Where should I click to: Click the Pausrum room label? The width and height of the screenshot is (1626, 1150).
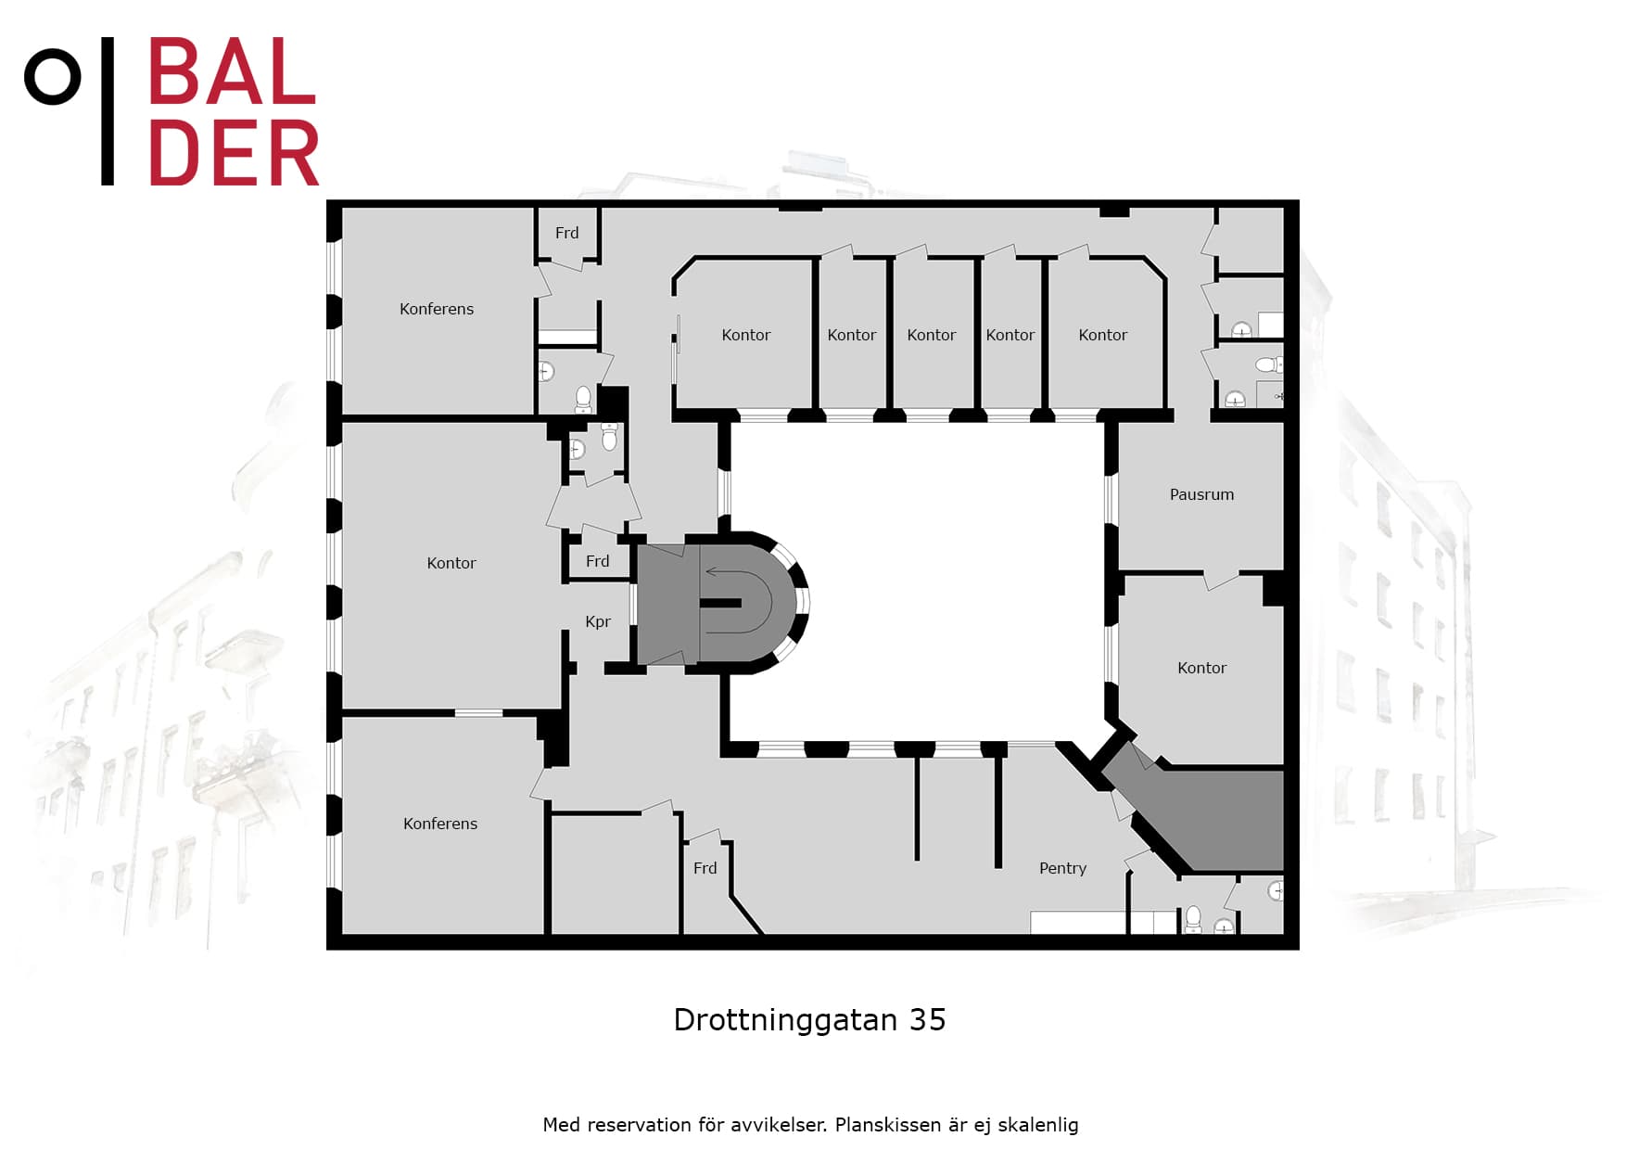click(x=1201, y=494)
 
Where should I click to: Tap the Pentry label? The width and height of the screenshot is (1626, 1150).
click(x=1062, y=868)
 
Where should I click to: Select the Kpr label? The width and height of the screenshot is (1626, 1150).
click(x=598, y=621)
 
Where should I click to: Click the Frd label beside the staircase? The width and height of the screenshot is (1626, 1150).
click(x=598, y=561)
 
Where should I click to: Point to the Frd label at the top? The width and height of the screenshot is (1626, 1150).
click(x=566, y=233)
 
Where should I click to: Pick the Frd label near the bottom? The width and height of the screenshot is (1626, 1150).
click(x=705, y=868)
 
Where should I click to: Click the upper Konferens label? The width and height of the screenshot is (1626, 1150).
click(x=437, y=309)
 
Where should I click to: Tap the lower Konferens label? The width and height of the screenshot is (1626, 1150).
click(x=440, y=824)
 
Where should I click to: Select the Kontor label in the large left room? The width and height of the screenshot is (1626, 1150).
click(x=451, y=563)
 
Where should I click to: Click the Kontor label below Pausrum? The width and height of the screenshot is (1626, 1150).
click(x=1201, y=668)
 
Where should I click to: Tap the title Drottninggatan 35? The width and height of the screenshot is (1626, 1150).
click(x=809, y=1020)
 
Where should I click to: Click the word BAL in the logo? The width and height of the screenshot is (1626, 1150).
click(x=233, y=71)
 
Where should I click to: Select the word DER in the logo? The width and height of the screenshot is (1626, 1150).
click(x=234, y=152)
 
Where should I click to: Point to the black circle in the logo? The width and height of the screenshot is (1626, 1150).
click(x=52, y=77)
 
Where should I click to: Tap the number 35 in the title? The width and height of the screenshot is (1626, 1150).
click(x=927, y=1020)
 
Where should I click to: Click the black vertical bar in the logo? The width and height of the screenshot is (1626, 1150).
click(x=108, y=111)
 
